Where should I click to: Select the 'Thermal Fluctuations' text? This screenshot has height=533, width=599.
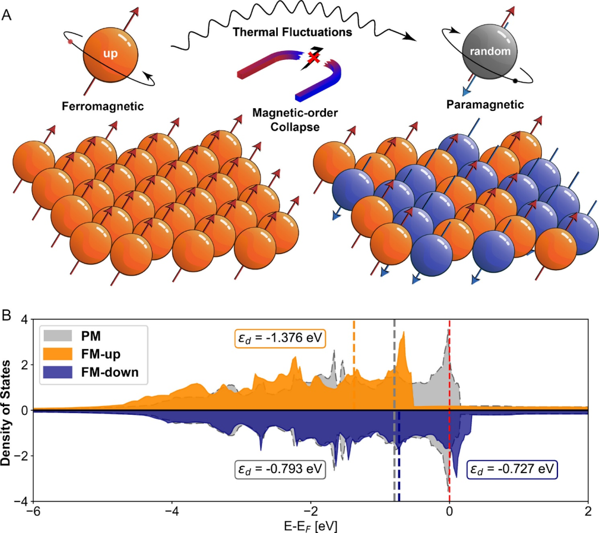click(x=293, y=32)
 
